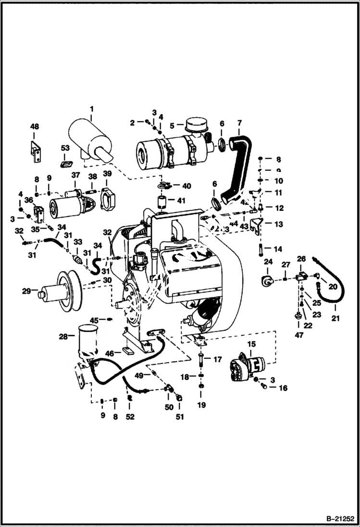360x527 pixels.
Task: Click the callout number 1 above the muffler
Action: (x=91, y=109)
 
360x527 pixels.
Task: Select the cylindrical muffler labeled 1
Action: (x=91, y=139)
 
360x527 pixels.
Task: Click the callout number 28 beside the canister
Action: (x=63, y=337)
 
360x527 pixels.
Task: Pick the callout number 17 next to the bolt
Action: (x=217, y=359)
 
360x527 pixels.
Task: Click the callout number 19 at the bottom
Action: (x=201, y=405)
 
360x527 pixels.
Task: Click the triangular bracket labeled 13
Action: (x=258, y=225)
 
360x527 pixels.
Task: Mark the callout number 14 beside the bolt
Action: (x=279, y=249)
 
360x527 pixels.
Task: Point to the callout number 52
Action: (x=130, y=417)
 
